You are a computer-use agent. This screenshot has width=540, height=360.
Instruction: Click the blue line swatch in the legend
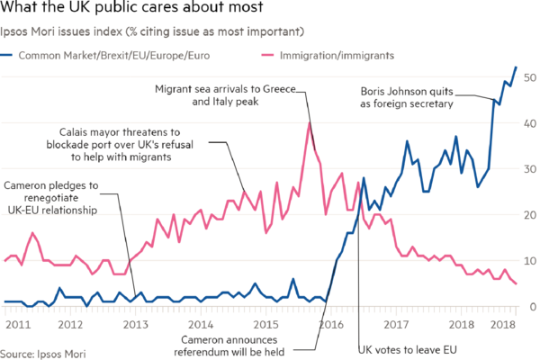click(8, 55)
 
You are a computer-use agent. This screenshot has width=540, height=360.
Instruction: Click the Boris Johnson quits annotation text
click(408, 97)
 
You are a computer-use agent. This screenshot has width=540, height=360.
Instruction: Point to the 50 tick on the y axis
click(531, 78)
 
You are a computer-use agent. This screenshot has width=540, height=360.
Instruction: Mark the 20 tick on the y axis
click(531, 215)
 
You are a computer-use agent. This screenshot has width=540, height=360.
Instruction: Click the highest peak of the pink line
click(308, 124)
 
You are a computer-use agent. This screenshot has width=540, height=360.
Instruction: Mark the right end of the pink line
click(517, 284)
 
